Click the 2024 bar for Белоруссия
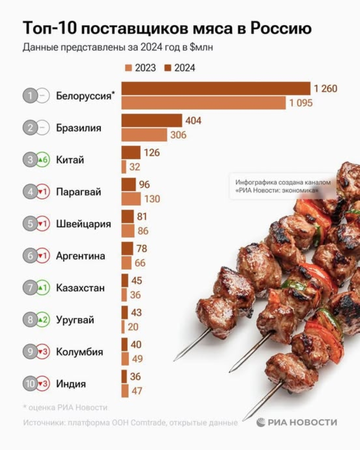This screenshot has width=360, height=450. [216, 89]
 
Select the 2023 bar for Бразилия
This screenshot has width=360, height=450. [144, 135]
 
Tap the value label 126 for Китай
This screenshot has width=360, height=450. [152, 153]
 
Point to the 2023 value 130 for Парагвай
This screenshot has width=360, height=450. [152, 199]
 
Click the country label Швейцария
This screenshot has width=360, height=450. [83, 224]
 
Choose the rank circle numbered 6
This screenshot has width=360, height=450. [30, 256]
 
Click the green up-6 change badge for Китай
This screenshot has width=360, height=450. [43, 160]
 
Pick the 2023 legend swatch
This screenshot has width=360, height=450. [129, 68]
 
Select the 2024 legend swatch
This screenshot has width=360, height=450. [168, 68]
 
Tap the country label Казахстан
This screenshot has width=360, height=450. [80, 288]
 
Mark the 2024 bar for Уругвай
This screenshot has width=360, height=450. [125, 312]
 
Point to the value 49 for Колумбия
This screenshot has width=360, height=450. [137, 359]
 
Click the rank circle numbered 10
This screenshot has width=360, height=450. [30, 384]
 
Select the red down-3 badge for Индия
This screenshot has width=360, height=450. [43, 384]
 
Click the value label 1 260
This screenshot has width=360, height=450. [325, 89]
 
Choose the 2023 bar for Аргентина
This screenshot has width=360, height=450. [126, 263]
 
